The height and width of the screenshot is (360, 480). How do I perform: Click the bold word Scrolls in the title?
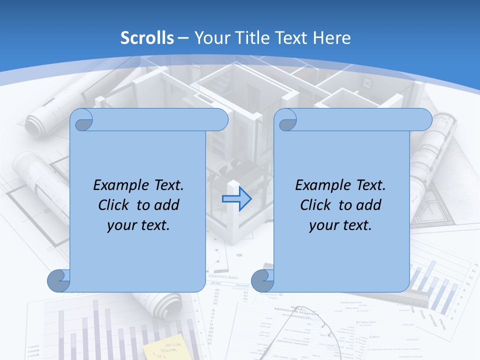[x=147, y=38]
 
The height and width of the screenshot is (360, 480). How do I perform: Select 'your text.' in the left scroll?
[x=138, y=225]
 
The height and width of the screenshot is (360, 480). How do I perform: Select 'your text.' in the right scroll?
[x=340, y=225]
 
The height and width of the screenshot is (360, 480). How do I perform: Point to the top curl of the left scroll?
[x=82, y=120]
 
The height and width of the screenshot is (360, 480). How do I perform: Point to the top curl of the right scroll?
[x=286, y=120]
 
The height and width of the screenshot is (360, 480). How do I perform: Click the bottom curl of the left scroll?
[x=58, y=280]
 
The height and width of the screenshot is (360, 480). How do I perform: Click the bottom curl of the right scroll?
[x=262, y=280]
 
